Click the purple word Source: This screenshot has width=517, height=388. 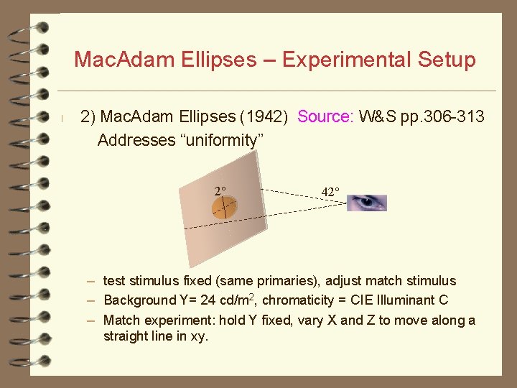(325, 116)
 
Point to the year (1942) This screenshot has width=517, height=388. (265, 116)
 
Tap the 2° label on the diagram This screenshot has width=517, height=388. (220, 191)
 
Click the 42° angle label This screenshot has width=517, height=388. (330, 192)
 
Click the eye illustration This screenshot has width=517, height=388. (368, 203)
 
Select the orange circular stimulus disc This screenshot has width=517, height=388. (224, 208)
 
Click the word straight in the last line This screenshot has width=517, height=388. (127, 336)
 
